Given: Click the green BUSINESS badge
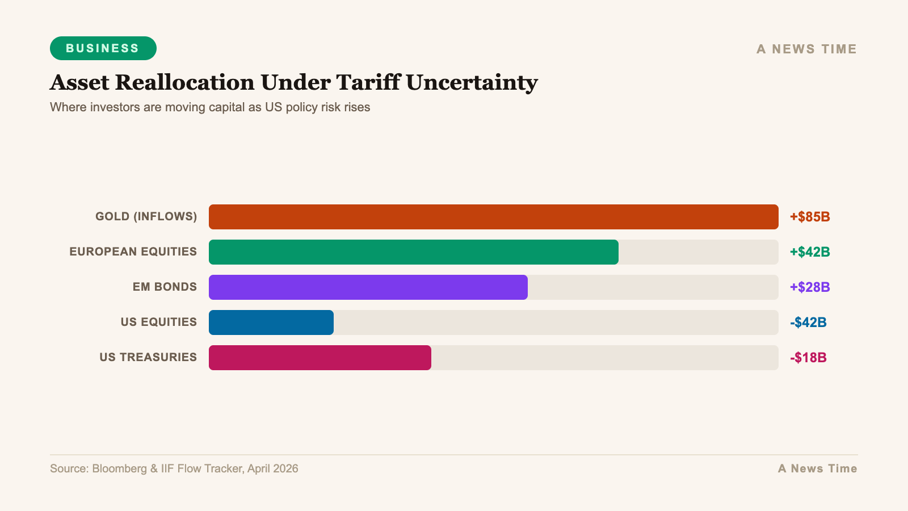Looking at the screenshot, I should [x=103, y=48].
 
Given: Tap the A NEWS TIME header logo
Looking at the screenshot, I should [x=806, y=49].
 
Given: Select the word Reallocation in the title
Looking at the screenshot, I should [x=184, y=82].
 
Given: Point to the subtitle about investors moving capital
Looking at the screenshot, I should [x=210, y=107].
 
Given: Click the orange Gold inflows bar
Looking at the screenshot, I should [x=493, y=217].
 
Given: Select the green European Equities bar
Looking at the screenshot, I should [x=413, y=252].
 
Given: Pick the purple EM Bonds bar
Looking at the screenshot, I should [x=368, y=287].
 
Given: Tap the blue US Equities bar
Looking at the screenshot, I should [x=271, y=322].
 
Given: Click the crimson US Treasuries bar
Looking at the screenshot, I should [x=320, y=358].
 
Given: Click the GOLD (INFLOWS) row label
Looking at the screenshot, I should [x=146, y=216].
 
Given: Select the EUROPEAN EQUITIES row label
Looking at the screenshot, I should [x=133, y=252].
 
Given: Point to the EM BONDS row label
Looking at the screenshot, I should [x=165, y=287].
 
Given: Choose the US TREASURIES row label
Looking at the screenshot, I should [x=148, y=357].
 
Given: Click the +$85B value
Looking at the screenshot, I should [x=810, y=217].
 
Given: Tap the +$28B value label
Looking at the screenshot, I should [x=810, y=287].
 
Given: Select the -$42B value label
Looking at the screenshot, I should [x=808, y=322].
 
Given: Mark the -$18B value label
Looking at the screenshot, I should [x=808, y=358].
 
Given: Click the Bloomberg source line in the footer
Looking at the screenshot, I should [x=174, y=468].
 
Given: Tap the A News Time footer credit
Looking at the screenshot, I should [x=817, y=468].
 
